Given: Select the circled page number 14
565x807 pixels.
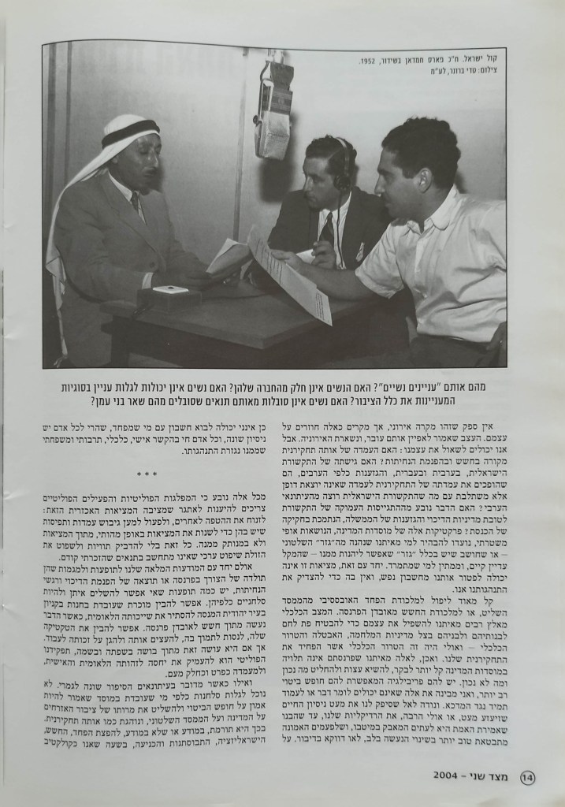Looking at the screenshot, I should tap(529, 775).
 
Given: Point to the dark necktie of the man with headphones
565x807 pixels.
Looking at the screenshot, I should tap(326, 232).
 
